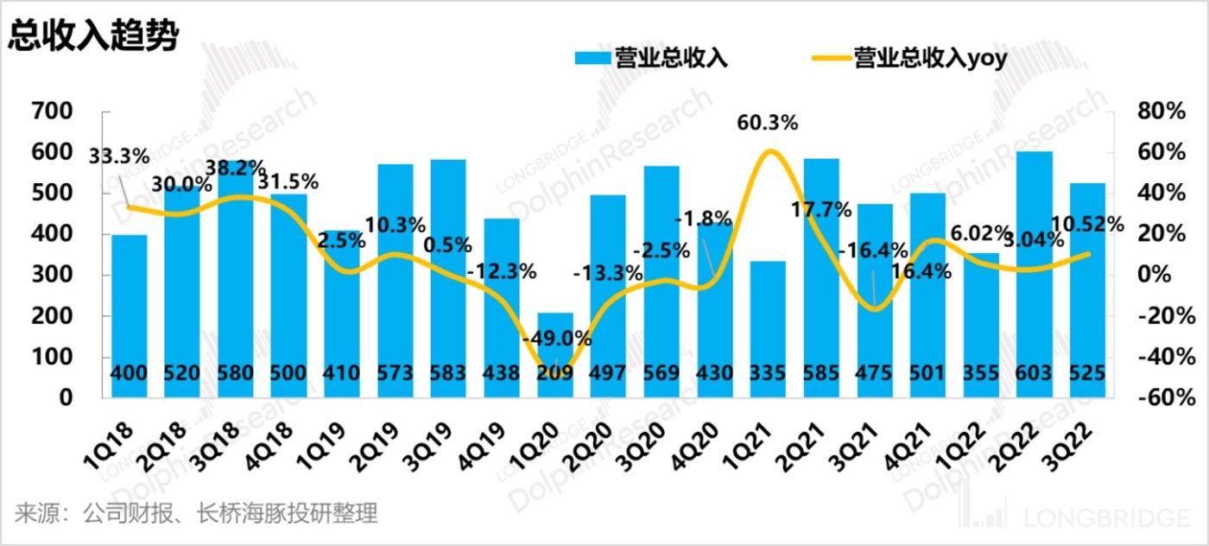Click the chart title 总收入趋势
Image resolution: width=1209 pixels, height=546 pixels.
(x=93, y=35)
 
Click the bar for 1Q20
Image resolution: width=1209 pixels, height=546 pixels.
(x=554, y=354)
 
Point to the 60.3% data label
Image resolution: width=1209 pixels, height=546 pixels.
(x=768, y=124)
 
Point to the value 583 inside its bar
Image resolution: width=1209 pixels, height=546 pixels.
(x=448, y=375)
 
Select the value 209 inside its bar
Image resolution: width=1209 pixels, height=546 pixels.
(x=554, y=375)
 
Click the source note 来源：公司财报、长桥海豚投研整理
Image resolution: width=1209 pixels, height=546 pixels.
(x=196, y=514)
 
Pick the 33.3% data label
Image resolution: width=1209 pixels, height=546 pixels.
(x=119, y=157)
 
